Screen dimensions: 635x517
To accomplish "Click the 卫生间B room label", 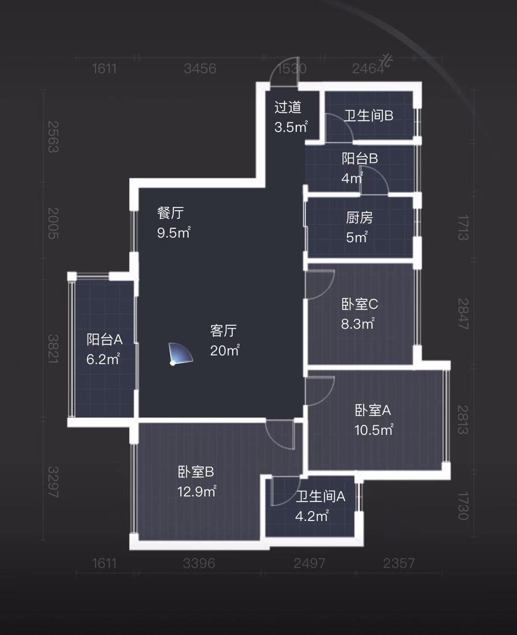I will tap(369, 115).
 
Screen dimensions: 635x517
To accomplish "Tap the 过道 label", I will tap(288, 107).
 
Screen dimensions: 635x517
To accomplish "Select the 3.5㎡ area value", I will tap(291, 127).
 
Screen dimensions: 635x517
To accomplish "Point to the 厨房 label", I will tap(359, 217).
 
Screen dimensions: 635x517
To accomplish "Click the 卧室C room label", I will tap(360, 304).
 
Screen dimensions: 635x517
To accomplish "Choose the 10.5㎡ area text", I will tap(373, 430).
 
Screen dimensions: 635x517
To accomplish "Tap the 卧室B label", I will tap(196, 472).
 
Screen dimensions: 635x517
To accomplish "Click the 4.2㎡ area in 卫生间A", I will tap(312, 516).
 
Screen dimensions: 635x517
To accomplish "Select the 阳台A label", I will tap(104, 340).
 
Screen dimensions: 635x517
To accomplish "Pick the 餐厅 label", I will tap(170, 213).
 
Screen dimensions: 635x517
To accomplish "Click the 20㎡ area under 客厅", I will tap(225, 351).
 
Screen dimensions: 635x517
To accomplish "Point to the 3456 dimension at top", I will tap(200, 69).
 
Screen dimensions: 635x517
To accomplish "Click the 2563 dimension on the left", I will tap(53, 137).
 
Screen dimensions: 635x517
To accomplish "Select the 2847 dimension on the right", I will tap(462, 314).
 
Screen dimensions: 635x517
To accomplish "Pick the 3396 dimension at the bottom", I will tap(199, 563).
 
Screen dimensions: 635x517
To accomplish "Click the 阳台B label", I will tap(360, 159).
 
